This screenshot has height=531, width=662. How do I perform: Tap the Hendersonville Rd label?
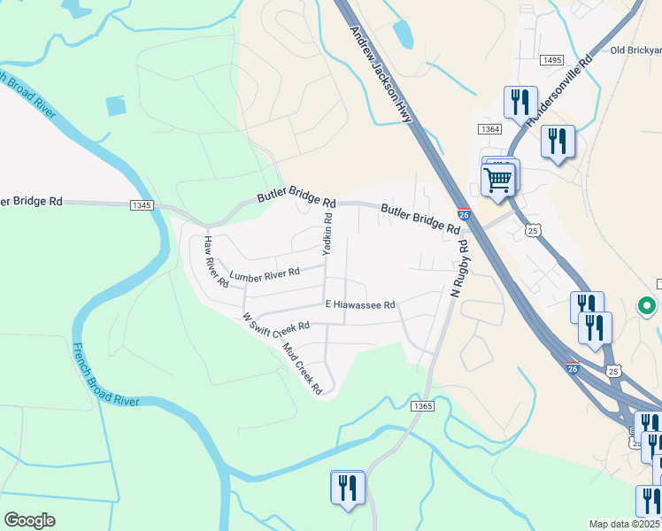tap(558, 92)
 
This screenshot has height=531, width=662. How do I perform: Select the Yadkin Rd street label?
tap(327, 235)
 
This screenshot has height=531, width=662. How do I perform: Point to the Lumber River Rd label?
tap(265, 274)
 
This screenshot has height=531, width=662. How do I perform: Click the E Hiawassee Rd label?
tap(358, 304)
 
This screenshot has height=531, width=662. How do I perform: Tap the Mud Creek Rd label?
tap(301, 364)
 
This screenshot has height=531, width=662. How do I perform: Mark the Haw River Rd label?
tap(215, 263)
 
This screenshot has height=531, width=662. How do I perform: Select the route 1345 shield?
tap(142, 205)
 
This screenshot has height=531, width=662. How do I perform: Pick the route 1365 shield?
tap(422, 405)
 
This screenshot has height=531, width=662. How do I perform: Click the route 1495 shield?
tap(550, 60)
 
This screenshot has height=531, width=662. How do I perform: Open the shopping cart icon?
tap(498, 180)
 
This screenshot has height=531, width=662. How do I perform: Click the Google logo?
tap(29, 520)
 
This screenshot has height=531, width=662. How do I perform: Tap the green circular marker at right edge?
tap(647, 307)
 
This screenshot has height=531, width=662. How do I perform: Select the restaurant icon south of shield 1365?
tap(347, 488)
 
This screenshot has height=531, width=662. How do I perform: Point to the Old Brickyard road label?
tap(635, 50)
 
